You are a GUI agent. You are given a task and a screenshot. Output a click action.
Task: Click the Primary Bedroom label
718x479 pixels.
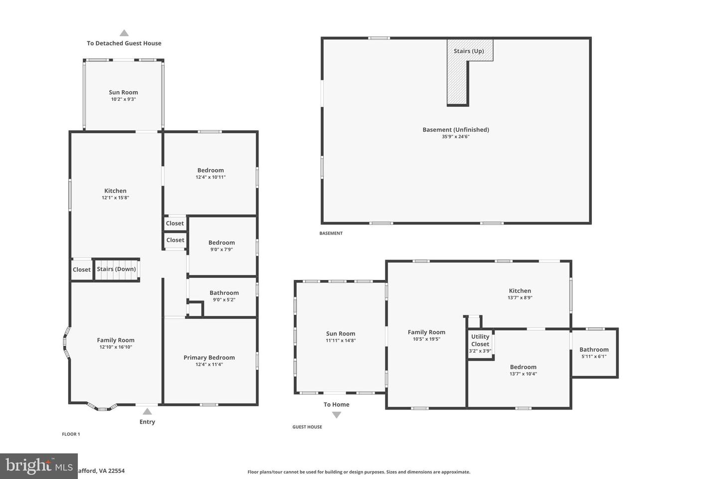click(209, 357)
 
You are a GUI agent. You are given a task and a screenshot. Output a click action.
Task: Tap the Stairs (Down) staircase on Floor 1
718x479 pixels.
click(117, 269)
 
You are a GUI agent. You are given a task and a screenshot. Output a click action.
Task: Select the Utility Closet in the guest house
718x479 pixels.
click(480, 343)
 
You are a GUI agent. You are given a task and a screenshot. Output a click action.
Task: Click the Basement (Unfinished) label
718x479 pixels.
click(456, 130)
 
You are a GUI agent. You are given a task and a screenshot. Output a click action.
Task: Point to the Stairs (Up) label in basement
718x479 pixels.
click(469, 51)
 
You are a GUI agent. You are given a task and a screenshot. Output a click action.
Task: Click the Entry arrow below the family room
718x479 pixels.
click(147, 412)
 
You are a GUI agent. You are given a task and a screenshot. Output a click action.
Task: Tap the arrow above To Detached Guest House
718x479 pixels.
click(124, 33)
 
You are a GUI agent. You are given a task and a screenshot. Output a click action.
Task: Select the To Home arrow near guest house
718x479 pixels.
click(337, 415)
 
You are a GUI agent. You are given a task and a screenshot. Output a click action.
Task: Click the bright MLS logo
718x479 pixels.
click(39, 466)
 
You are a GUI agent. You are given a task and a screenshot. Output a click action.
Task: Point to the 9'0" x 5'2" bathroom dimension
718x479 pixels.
click(224, 300)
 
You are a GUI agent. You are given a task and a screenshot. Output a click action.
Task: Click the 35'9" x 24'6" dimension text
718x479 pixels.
click(456, 137)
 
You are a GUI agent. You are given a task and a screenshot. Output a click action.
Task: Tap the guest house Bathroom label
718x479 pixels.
click(594, 349)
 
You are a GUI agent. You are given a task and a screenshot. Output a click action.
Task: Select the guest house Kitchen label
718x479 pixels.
click(520, 290)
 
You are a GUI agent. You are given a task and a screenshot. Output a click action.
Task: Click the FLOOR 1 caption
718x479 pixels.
click(71, 434)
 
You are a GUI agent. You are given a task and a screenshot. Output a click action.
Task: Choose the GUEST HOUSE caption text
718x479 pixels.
click(307, 427)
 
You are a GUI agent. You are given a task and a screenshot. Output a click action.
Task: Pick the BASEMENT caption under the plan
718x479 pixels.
click(331, 234)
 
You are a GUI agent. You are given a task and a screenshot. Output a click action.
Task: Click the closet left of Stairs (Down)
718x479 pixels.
click(82, 269)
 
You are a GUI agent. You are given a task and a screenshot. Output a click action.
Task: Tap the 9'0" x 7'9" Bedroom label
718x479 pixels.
click(221, 242)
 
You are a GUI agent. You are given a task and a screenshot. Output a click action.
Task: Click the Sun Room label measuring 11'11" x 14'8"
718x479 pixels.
click(341, 333)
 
